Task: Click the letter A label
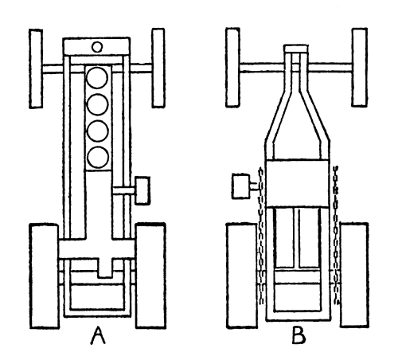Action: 98,335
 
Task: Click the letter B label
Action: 298,336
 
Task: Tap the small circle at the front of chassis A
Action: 97,47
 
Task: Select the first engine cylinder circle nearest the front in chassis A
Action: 97,77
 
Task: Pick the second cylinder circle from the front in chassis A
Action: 97,104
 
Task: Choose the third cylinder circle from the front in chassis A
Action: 98,131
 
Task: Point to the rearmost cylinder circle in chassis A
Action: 98,157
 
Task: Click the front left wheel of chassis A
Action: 36,68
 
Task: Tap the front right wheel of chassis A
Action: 158,68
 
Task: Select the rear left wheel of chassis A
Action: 45,276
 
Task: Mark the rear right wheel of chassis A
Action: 150,276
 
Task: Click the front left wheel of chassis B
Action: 232,68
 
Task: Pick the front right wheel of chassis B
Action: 360,68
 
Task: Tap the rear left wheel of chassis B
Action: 242,276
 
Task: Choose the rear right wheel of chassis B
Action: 354,276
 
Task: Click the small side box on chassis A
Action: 142,190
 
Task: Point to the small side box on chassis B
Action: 240,186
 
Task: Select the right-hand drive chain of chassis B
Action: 337,235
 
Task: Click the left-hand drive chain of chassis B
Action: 261,236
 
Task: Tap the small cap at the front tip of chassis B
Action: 296,49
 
